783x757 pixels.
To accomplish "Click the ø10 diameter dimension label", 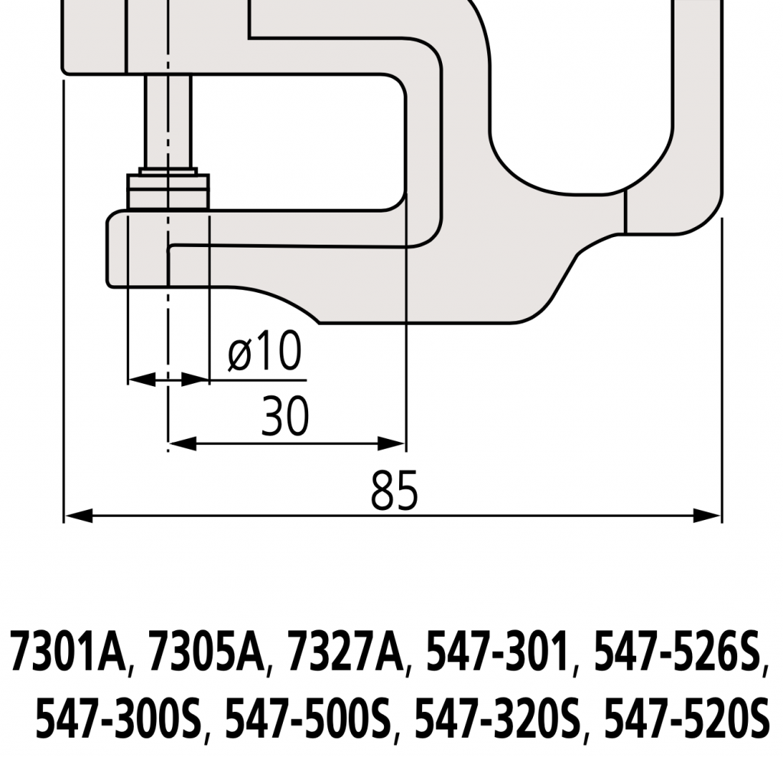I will (x=265, y=353).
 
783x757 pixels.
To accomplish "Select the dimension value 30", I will (x=284, y=417).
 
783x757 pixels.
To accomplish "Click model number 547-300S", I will (x=119, y=720).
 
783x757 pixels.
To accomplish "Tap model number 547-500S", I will (x=308, y=720).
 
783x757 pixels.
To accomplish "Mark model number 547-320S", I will (x=497, y=720).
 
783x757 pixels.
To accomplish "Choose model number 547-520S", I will (x=685, y=720).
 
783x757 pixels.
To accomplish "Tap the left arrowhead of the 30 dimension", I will (x=176, y=443).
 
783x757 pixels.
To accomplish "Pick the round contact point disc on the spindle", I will (x=168, y=190).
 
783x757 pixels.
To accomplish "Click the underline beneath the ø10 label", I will (x=260, y=378).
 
